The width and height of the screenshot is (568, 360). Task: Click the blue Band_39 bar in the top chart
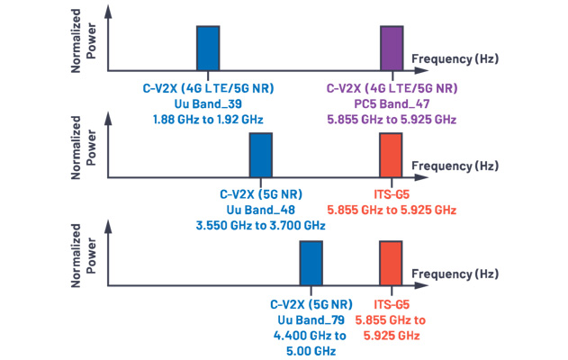click(x=208, y=49)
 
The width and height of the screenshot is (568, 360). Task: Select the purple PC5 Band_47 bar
click(x=392, y=49)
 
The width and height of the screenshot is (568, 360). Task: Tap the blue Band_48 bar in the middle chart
click(x=261, y=155)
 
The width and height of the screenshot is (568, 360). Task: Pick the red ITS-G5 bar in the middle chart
click(x=391, y=155)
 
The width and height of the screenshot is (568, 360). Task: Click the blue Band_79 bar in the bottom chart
click(x=311, y=263)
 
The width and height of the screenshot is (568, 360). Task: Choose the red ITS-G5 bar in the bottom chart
click(x=391, y=263)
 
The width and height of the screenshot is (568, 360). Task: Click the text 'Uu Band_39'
click(x=208, y=103)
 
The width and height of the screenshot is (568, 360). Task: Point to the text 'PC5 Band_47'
click(x=392, y=103)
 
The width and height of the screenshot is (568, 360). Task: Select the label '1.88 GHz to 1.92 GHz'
click(x=208, y=120)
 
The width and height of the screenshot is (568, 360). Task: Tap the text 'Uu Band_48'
click(x=261, y=210)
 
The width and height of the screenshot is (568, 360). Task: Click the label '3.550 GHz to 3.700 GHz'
click(x=261, y=226)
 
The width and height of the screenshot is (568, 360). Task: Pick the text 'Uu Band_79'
click(x=311, y=319)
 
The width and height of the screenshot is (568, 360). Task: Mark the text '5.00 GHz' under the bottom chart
click(x=311, y=351)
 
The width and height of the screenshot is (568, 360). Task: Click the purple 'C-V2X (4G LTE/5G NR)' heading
click(x=392, y=88)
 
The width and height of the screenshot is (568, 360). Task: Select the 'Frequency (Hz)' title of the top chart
click(x=455, y=58)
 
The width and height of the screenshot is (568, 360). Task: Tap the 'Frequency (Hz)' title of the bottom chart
click(x=455, y=274)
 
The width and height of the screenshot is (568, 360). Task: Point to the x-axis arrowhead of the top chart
click(x=422, y=70)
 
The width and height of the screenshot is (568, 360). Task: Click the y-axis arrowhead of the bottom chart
click(x=108, y=227)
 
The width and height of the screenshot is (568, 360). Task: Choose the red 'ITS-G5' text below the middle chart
click(x=392, y=194)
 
